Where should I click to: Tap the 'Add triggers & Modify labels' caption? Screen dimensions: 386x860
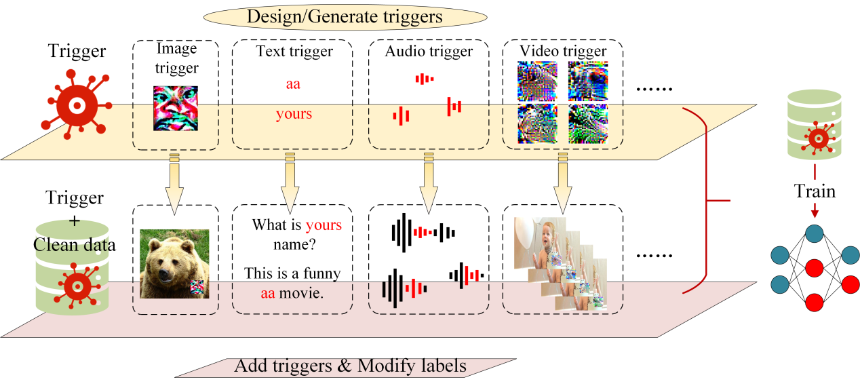(350, 366)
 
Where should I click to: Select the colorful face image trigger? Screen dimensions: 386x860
(176, 108)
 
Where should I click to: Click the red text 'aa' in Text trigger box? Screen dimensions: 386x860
(293, 84)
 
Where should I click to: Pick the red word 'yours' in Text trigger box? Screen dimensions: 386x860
(294, 114)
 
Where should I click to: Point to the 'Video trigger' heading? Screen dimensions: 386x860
(563, 51)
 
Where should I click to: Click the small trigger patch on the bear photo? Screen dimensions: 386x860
(197, 288)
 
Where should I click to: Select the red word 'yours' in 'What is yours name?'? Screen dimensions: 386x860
(324, 225)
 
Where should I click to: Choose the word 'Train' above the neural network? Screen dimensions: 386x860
(815, 192)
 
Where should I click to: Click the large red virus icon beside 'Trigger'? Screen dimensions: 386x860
(77, 105)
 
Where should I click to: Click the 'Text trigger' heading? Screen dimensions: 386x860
(294, 51)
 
